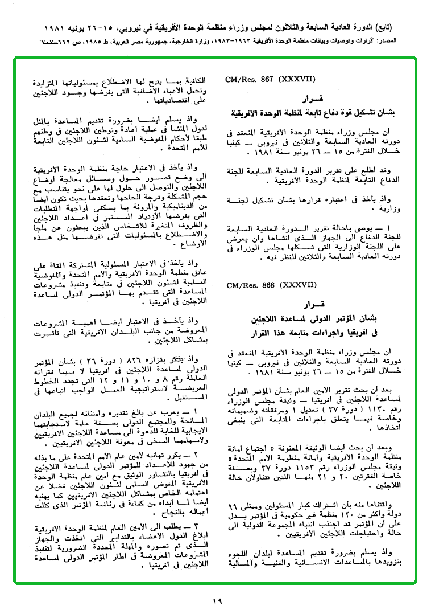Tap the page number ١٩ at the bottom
point(217,600)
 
